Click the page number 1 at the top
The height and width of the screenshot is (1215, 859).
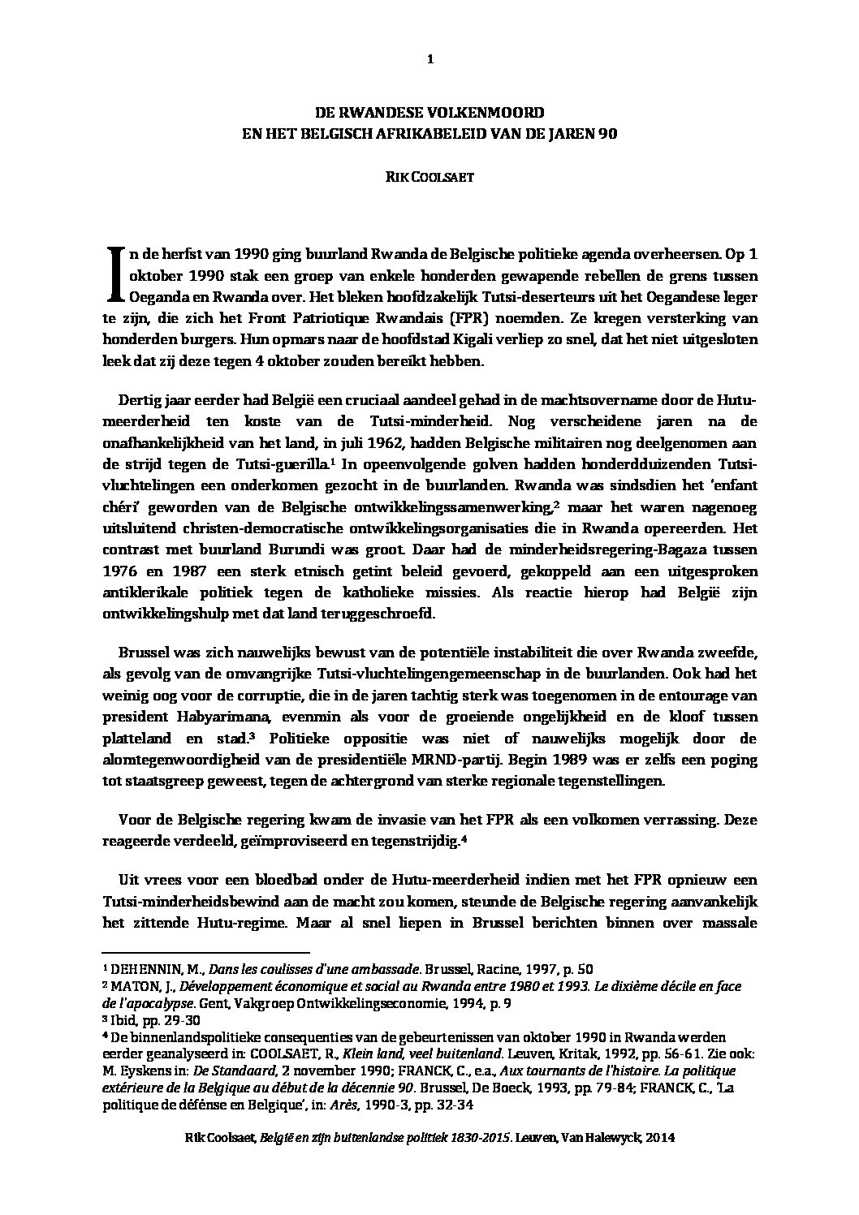[x=429, y=58]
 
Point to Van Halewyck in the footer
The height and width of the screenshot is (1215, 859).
[x=602, y=1138]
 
